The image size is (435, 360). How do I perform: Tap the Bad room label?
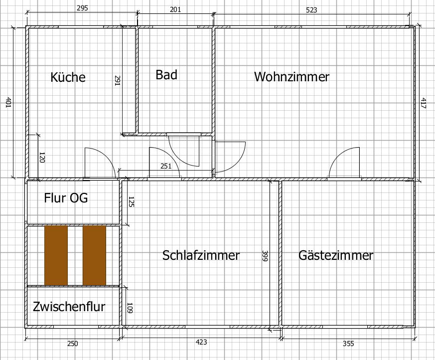166,75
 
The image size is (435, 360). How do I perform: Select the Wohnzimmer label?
291,77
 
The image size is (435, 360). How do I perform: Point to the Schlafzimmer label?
201,255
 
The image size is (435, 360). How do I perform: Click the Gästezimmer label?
336,255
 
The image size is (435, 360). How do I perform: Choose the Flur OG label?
66,198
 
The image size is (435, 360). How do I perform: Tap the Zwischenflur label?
69,306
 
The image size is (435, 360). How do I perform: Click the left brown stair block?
56,255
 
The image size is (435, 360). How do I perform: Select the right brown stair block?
94,255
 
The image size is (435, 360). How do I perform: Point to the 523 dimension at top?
311,9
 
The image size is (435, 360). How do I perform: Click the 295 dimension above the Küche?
83,8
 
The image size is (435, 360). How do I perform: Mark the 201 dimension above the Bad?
175,9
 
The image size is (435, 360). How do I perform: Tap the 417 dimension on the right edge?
423,103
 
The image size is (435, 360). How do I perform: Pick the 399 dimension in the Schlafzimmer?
264,256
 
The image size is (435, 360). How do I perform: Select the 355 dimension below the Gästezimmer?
348,343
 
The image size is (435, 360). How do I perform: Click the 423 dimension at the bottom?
201,342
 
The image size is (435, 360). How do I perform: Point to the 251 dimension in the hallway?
166,166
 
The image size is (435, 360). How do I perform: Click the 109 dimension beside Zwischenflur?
129,307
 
